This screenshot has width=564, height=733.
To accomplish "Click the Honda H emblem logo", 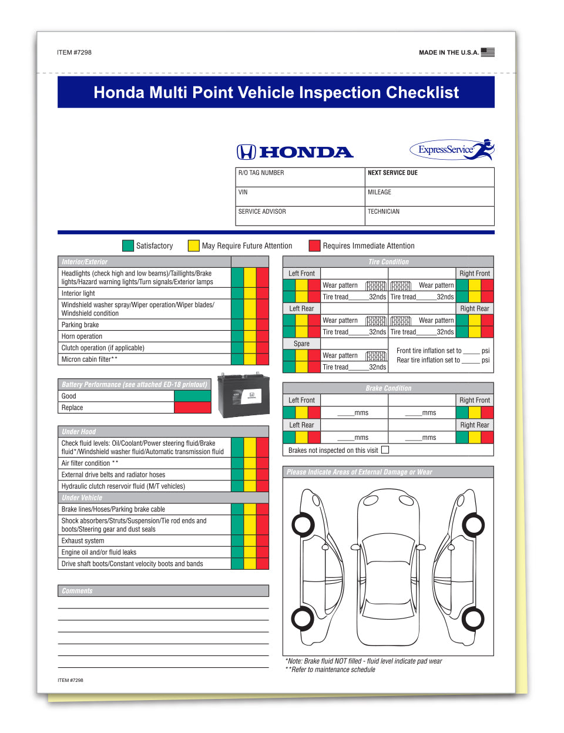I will click(246, 152).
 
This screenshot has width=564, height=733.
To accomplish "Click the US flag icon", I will click(488, 52).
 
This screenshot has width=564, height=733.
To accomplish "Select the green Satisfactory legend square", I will click(128, 246).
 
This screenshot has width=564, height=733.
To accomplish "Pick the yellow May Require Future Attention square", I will click(193, 246).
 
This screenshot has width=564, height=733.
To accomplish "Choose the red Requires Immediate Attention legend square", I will click(315, 246).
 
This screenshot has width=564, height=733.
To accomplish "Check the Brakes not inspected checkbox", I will click(385, 450).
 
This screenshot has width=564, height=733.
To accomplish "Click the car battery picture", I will click(243, 395).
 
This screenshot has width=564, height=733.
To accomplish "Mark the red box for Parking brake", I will click(263, 325).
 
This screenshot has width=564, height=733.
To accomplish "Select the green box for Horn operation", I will click(237, 337).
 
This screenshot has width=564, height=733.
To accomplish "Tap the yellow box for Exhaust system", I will click(250, 541).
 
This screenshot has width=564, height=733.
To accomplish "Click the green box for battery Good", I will click(192, 396).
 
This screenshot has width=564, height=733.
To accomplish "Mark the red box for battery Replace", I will click(192, 408).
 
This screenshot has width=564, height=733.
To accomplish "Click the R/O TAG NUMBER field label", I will click(261, 173).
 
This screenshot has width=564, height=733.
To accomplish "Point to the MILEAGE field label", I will click(380, 192).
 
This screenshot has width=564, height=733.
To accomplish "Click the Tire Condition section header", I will click(388, 262).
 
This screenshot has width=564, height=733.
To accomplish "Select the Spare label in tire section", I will click(301, 344).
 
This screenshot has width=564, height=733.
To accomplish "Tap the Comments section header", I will click(77, 591).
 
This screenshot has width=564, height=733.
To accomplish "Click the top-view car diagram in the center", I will click(388, 568).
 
